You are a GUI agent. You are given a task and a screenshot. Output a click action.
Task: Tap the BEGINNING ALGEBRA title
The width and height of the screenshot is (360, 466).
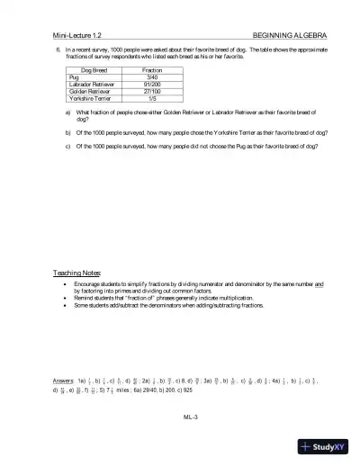(x=292, y=33)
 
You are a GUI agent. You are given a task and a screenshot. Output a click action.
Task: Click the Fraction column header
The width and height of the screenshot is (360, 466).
(x=152, y=69)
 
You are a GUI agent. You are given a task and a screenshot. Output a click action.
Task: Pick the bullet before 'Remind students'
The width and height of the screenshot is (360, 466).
(x=65, y=298)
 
